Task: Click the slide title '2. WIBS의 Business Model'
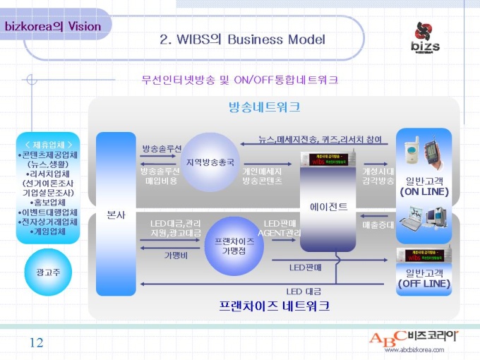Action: [242, 39]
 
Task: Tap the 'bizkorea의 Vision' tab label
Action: [53, 27]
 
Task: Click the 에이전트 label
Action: [328, 206]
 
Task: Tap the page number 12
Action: [36, 343]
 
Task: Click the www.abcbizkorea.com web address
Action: [414, 349]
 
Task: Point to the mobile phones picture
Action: [423, 150]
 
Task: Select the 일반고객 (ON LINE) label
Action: [424, 186]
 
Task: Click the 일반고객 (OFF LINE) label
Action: [424, 278]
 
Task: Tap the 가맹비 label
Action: [176, 255]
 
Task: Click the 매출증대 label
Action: [374, 225]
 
